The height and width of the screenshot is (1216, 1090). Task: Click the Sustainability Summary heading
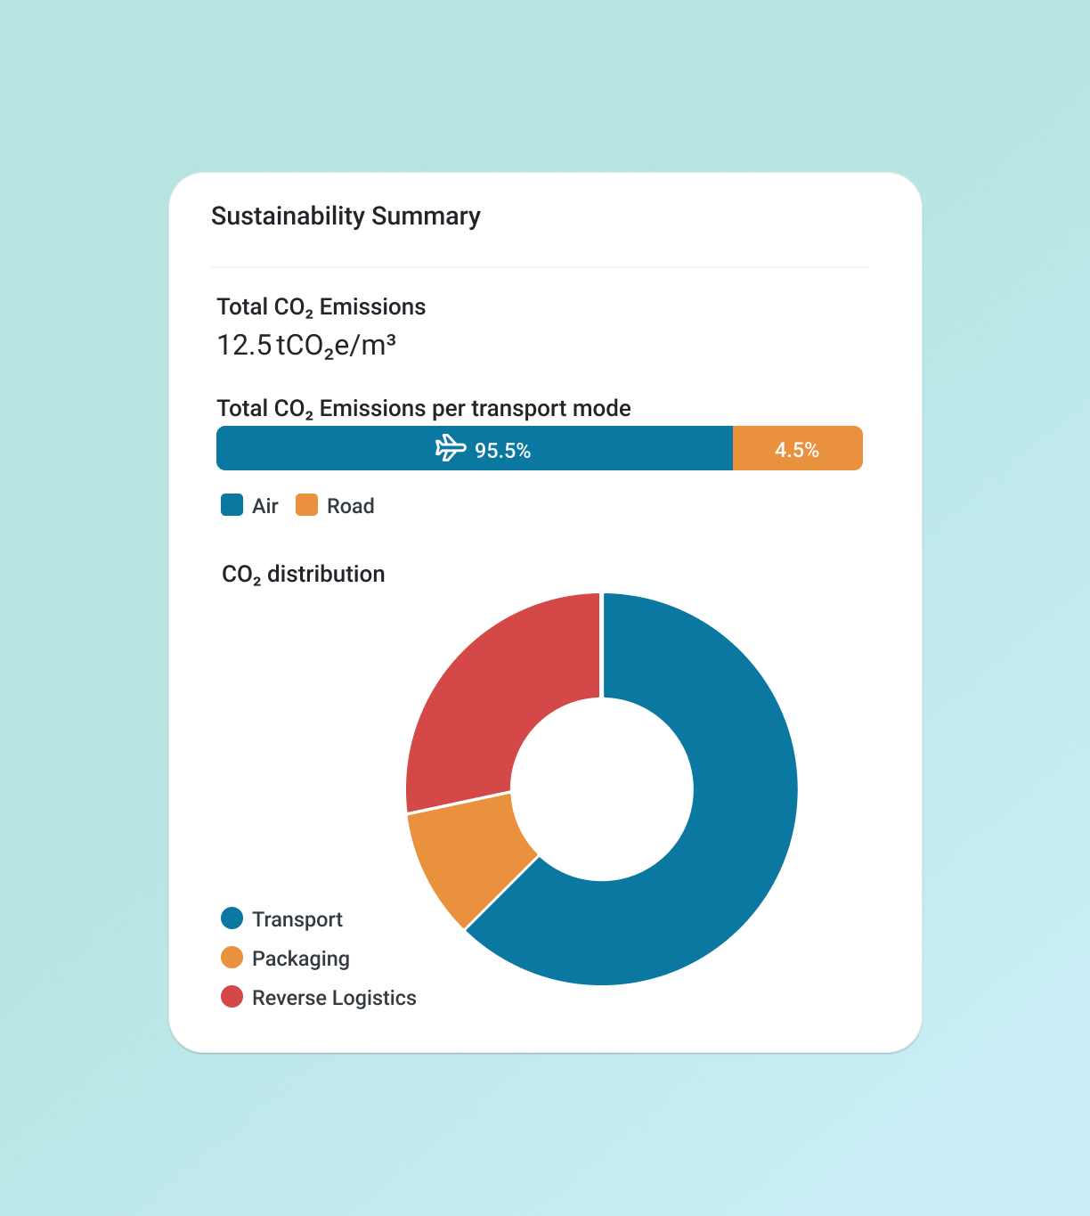tap(346, 216)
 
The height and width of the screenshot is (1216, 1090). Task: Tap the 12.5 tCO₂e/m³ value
tap(305, 346)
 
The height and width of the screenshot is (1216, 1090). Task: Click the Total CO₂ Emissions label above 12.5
tap(321, 307)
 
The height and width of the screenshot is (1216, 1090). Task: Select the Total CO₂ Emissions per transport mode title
tap(424, 409)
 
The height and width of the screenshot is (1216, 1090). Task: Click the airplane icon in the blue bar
tap(451, 448)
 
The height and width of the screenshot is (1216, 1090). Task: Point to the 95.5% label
tap(502, 451)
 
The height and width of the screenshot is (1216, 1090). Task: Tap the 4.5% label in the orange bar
tap(796, 450)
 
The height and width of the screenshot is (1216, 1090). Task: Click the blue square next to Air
tap(232, 505)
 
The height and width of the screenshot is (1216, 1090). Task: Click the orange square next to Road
tap(306, 505)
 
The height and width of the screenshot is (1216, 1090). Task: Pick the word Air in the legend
tap(264, 506)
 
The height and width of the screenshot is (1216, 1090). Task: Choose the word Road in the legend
tap(350, 506)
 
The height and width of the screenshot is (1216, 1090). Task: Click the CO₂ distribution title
tap(303, 575)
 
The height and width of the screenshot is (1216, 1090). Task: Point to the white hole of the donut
tap(602, 789)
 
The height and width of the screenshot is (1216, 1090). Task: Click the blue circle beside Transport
tap(232, 918)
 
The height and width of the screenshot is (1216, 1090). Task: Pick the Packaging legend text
tap(300, 959)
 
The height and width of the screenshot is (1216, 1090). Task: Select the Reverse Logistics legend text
tap(334, 998)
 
